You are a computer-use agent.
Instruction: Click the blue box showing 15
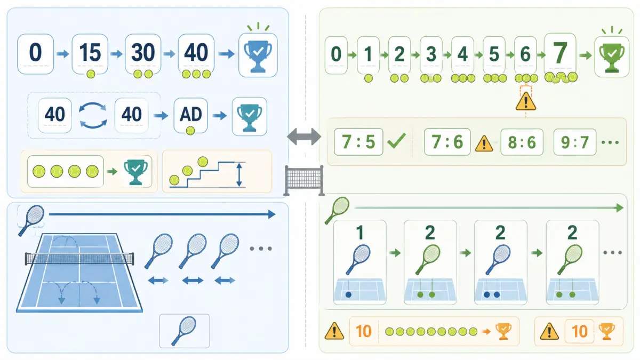point(90,54)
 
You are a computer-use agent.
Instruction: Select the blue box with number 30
point(143,54)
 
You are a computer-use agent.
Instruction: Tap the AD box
point(190,115)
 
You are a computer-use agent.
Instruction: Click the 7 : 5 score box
point(358,142)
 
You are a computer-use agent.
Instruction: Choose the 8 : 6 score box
point(522,142)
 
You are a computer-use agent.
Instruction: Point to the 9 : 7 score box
point(575,142)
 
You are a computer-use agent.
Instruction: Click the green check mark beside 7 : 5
point(397,141)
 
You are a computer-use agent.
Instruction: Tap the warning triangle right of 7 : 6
point(484,143)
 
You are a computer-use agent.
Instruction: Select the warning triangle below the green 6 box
point(526,101)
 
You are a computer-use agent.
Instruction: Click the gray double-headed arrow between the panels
point(304,137)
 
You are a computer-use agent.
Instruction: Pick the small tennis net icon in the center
point(304,181)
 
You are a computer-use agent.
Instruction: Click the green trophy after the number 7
point(612,57)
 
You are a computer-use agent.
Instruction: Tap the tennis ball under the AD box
point(190,131)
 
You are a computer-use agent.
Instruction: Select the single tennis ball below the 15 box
point(91,74)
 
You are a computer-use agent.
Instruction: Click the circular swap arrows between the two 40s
point(93,115)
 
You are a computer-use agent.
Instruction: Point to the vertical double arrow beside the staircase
point(239,174)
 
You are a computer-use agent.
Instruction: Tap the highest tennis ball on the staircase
point(203,162)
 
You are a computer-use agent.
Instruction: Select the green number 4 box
point(462,55)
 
